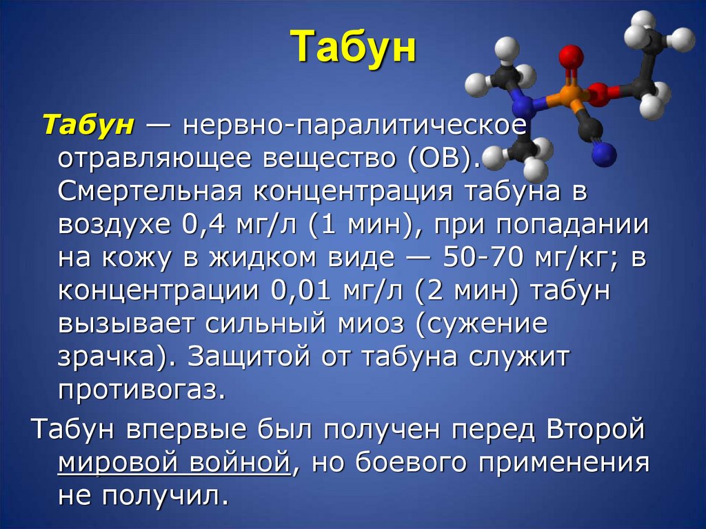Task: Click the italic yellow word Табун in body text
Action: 88,126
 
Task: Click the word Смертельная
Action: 145,191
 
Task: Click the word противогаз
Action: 141,390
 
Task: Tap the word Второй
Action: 595,428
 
